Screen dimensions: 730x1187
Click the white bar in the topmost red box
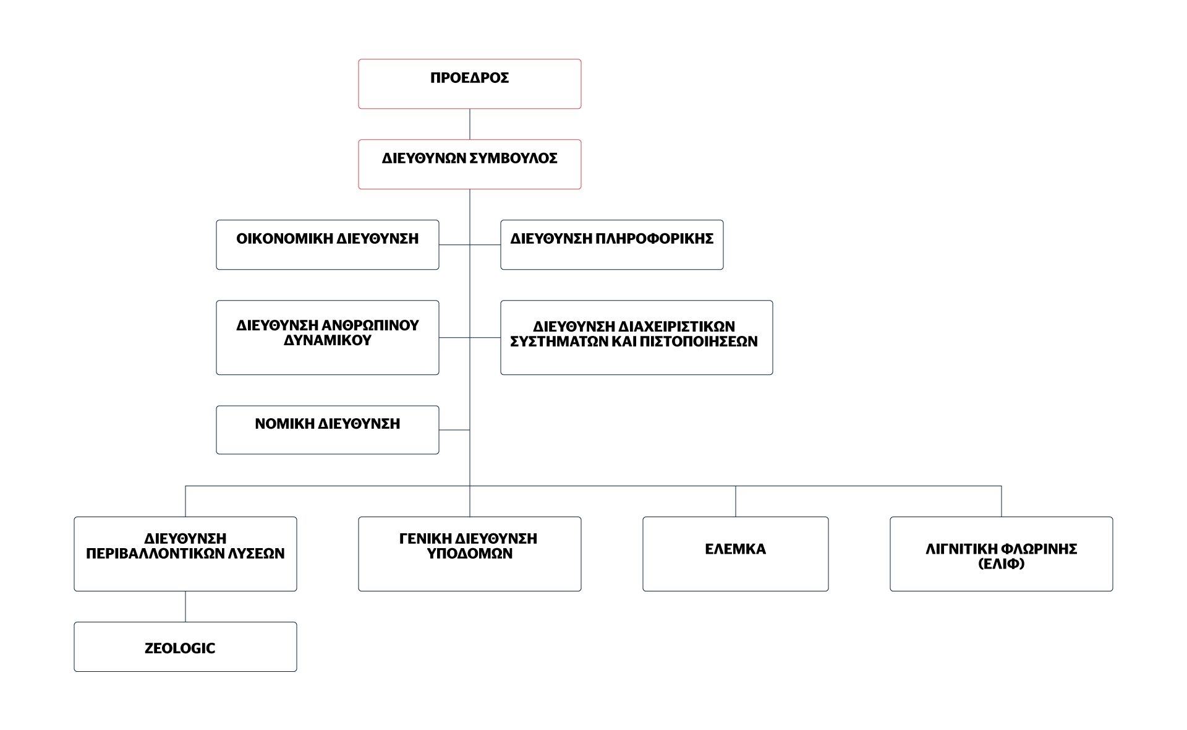point(469,94)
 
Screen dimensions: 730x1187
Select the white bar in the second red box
point(472,174)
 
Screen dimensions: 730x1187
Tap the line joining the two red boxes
point(470,124)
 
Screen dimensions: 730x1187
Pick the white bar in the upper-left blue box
point(318,255)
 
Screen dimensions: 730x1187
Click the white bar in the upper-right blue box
point(612,255)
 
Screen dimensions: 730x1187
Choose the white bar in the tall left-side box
point(326,356)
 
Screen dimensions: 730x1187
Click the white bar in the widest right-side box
point(634,357)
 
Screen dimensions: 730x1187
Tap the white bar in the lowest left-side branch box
point(326,441)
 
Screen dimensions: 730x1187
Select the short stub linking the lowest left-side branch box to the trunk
point(454,429)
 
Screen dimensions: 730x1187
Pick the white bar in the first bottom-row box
point(189,570)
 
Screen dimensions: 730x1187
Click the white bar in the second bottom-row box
point(470,568)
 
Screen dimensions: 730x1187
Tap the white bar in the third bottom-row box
point(733,566)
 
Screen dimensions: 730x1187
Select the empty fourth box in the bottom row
point(1001,554)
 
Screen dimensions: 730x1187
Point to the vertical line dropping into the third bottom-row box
point(736,502)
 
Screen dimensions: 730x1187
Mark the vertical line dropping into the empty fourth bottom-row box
point(1002,502)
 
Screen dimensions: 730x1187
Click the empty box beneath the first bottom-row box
point(185,646)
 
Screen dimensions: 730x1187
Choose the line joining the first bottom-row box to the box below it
point(185,607)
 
